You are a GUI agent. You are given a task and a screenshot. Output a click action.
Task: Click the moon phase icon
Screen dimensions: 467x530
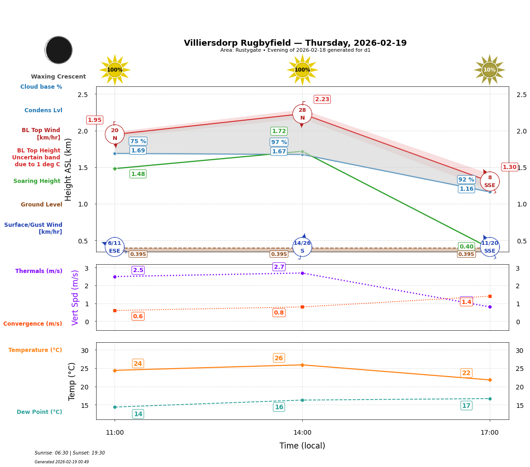pos(59,50)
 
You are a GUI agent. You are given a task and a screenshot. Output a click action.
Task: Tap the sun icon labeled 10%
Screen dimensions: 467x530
pos(489,70)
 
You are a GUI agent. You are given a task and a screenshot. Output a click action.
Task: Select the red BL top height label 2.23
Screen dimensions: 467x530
pos(322,99)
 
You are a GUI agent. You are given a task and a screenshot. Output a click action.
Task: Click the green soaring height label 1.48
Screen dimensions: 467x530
pos(138,174)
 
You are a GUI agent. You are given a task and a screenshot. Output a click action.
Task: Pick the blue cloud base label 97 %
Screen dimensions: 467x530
pos(279,142)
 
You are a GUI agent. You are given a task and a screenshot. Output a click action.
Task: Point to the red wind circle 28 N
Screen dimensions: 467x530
pos(302,114)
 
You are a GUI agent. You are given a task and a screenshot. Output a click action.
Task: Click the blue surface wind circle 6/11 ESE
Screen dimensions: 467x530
pos(115,247)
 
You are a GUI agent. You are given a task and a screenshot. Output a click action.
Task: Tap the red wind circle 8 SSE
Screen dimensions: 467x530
pos(490,181)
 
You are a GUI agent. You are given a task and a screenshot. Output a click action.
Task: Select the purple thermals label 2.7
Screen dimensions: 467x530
pos(279,267)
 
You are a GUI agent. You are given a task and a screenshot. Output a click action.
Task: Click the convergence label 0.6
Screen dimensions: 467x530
pos(138,316)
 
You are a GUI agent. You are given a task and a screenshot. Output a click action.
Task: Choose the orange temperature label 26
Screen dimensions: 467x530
pos(279,358)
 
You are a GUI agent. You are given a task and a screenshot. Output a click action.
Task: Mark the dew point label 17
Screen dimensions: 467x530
pos(466,406)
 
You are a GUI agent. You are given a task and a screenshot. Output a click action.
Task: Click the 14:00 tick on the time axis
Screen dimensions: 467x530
pos(302,432)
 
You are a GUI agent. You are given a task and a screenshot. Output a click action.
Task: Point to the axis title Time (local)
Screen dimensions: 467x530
pos(302,446)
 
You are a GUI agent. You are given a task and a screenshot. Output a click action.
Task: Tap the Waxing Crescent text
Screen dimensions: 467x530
pos(58,77)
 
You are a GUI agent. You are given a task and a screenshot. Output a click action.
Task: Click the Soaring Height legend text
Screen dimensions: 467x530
pos(37,181)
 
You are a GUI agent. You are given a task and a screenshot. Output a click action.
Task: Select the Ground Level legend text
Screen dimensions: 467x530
pos(41,205)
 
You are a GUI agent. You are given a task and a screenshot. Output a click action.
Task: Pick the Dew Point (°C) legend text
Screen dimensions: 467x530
pos(39,412)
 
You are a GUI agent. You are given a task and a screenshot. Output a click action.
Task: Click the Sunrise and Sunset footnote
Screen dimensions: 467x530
pos(70,453)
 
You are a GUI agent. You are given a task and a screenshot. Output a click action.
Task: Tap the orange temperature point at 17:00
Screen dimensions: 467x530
pos(490,380)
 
